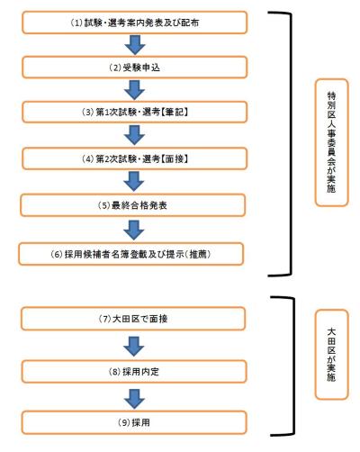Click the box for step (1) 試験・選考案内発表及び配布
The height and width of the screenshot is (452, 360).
(135, 23)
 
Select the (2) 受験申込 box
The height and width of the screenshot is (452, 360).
(135, 68)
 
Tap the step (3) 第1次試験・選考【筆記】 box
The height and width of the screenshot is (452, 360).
(135, 112)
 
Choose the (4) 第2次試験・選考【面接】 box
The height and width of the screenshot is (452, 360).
(135, 158)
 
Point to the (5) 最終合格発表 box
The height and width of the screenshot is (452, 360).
(133, 205)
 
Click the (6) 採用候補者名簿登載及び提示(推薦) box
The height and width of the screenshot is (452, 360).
(131, 254)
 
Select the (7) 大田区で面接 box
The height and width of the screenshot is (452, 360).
(133, 319)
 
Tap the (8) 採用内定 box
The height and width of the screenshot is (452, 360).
(134, 372)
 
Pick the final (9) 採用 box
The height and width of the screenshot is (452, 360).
(134, 422)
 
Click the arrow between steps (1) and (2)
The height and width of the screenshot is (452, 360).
(135, 45)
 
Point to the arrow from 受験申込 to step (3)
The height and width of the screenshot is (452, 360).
(135, 90)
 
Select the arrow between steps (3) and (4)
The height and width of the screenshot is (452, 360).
(135, 135)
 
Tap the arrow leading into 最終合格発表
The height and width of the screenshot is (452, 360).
(134, 182)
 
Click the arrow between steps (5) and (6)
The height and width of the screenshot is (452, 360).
(134, 230)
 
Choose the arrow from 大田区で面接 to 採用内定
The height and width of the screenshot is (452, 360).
(134, 346)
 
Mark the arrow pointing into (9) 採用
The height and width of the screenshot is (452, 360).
(134, 399)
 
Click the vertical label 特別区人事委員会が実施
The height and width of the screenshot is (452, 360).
(331, 142)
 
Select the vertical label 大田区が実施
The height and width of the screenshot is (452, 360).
(331, 355)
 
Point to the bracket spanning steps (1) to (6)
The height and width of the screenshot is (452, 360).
(291, 144)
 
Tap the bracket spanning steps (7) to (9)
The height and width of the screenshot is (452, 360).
(293, 366)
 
